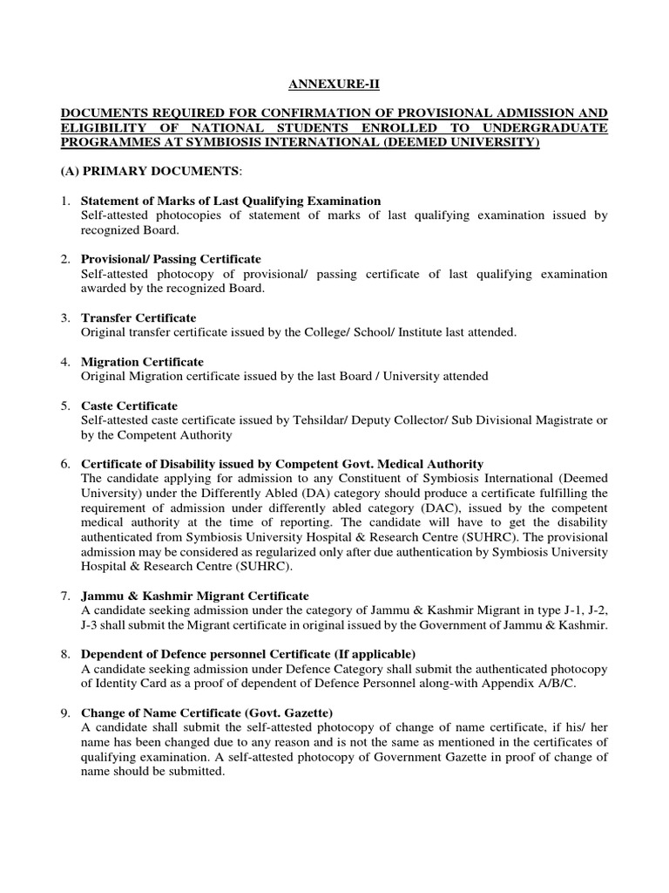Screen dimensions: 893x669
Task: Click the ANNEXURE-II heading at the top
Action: [334, 85]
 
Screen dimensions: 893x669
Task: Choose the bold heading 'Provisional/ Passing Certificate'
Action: [171, 259]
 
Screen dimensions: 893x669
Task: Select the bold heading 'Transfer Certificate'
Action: [139, 317]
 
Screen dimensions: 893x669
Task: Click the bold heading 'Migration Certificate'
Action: [142, 361]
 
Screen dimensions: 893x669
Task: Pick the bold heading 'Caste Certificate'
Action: [129, 406]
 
